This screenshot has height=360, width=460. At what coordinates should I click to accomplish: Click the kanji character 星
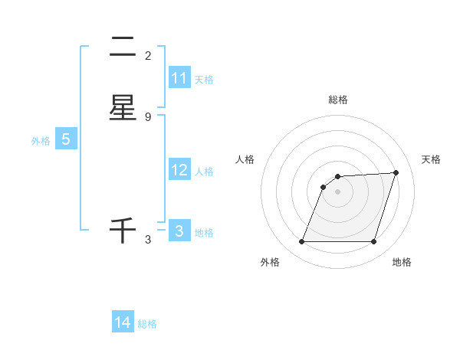tap(123, 108)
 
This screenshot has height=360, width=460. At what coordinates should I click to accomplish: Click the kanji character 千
tap(123, 231)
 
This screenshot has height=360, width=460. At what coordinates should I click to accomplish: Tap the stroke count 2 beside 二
tap(148, 56)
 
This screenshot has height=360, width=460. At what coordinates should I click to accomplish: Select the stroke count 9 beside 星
tap(148, 116)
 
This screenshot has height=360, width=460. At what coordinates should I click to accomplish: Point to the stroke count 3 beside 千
tap(148, 240)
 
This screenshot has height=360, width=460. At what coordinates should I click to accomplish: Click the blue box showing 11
tap(179, 78)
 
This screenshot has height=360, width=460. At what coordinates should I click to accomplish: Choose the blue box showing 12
tap(179, 170)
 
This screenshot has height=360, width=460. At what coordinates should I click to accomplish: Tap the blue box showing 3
tap(179, 231)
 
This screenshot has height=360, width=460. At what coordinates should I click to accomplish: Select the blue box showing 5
tap(66, 139)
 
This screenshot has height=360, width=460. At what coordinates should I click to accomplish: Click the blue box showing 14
tap(123, 322)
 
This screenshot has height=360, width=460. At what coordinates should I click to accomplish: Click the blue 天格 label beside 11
tap(204, 79)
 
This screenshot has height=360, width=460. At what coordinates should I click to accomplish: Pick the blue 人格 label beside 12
tap(204, 172)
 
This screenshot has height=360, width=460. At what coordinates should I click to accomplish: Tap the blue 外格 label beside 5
tap(41, 141)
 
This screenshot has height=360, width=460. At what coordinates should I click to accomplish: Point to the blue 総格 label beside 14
tap(147, 324)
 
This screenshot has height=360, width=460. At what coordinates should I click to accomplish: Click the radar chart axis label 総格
tap(338, 100)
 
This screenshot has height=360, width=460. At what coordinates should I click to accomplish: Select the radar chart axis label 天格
tap(432, 159)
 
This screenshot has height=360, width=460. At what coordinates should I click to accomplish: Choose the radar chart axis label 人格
tap(245, 159)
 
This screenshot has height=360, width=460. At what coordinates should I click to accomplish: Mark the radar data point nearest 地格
tap(373, 242)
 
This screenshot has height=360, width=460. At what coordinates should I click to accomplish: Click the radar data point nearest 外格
tap(302, 242)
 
